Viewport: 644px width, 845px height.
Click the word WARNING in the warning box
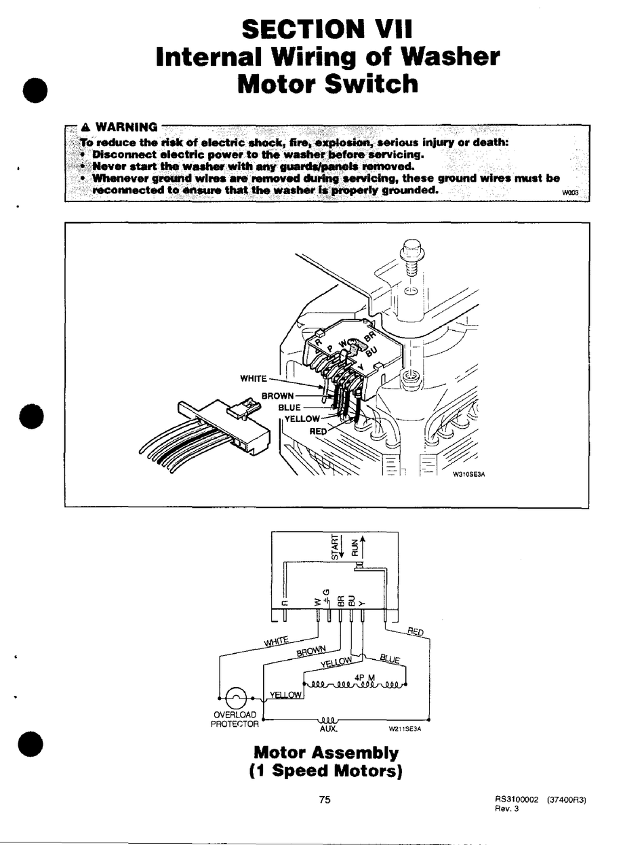pos(127,127)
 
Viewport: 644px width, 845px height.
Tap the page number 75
pos(325,800)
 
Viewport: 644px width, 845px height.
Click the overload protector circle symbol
pos(235,698)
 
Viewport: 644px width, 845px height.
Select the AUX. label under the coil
pos(328,729)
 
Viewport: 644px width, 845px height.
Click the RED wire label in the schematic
pos(416,633)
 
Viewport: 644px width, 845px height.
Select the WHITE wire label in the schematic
pos(275,641)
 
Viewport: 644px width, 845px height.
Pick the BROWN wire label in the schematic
pos(312,652)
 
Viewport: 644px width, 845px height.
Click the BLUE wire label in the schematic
pos(390,659)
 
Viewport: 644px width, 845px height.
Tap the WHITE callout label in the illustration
pos(254,378)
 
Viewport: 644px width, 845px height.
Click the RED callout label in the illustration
pos(318,431)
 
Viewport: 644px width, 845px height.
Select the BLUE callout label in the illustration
pos(289,408)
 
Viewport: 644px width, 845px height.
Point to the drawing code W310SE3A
pos(469,475)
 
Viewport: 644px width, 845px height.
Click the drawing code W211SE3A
pos(405,730)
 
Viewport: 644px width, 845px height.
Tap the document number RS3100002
pos(517,800)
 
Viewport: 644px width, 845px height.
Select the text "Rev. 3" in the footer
pos(505,809)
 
